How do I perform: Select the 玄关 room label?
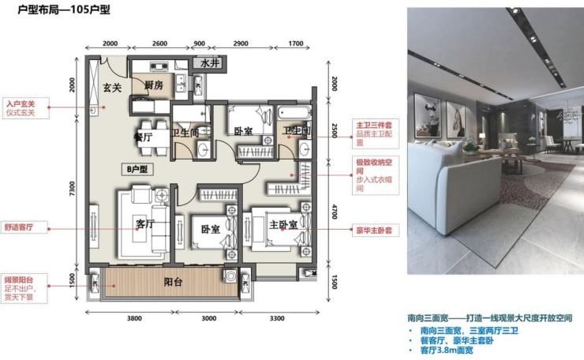coord(112,88)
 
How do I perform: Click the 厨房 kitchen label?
coord(153,85)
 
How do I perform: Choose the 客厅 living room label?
coord(145,223)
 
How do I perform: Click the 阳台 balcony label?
coord(174,281)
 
